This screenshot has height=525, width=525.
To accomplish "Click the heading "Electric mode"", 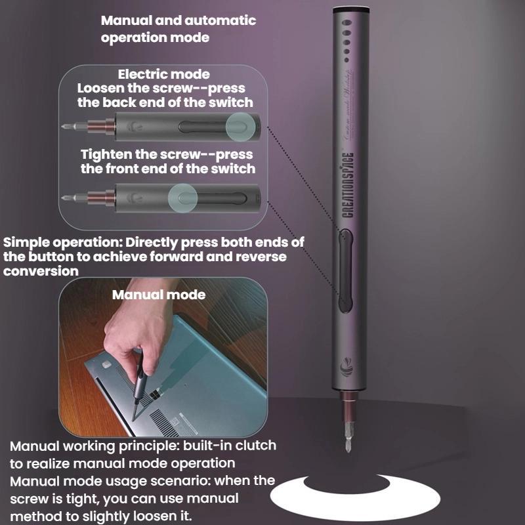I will (x=163, y=74).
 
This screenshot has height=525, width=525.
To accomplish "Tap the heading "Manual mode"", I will (x=158, y=295).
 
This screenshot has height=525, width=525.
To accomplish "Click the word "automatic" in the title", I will (x=221, y=20).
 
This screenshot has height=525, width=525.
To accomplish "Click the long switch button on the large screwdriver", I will (x=346, y=270).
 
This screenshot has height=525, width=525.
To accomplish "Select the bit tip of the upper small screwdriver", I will (x=66, y=125).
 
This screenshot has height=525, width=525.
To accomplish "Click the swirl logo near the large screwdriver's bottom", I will (x=346, y=371).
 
